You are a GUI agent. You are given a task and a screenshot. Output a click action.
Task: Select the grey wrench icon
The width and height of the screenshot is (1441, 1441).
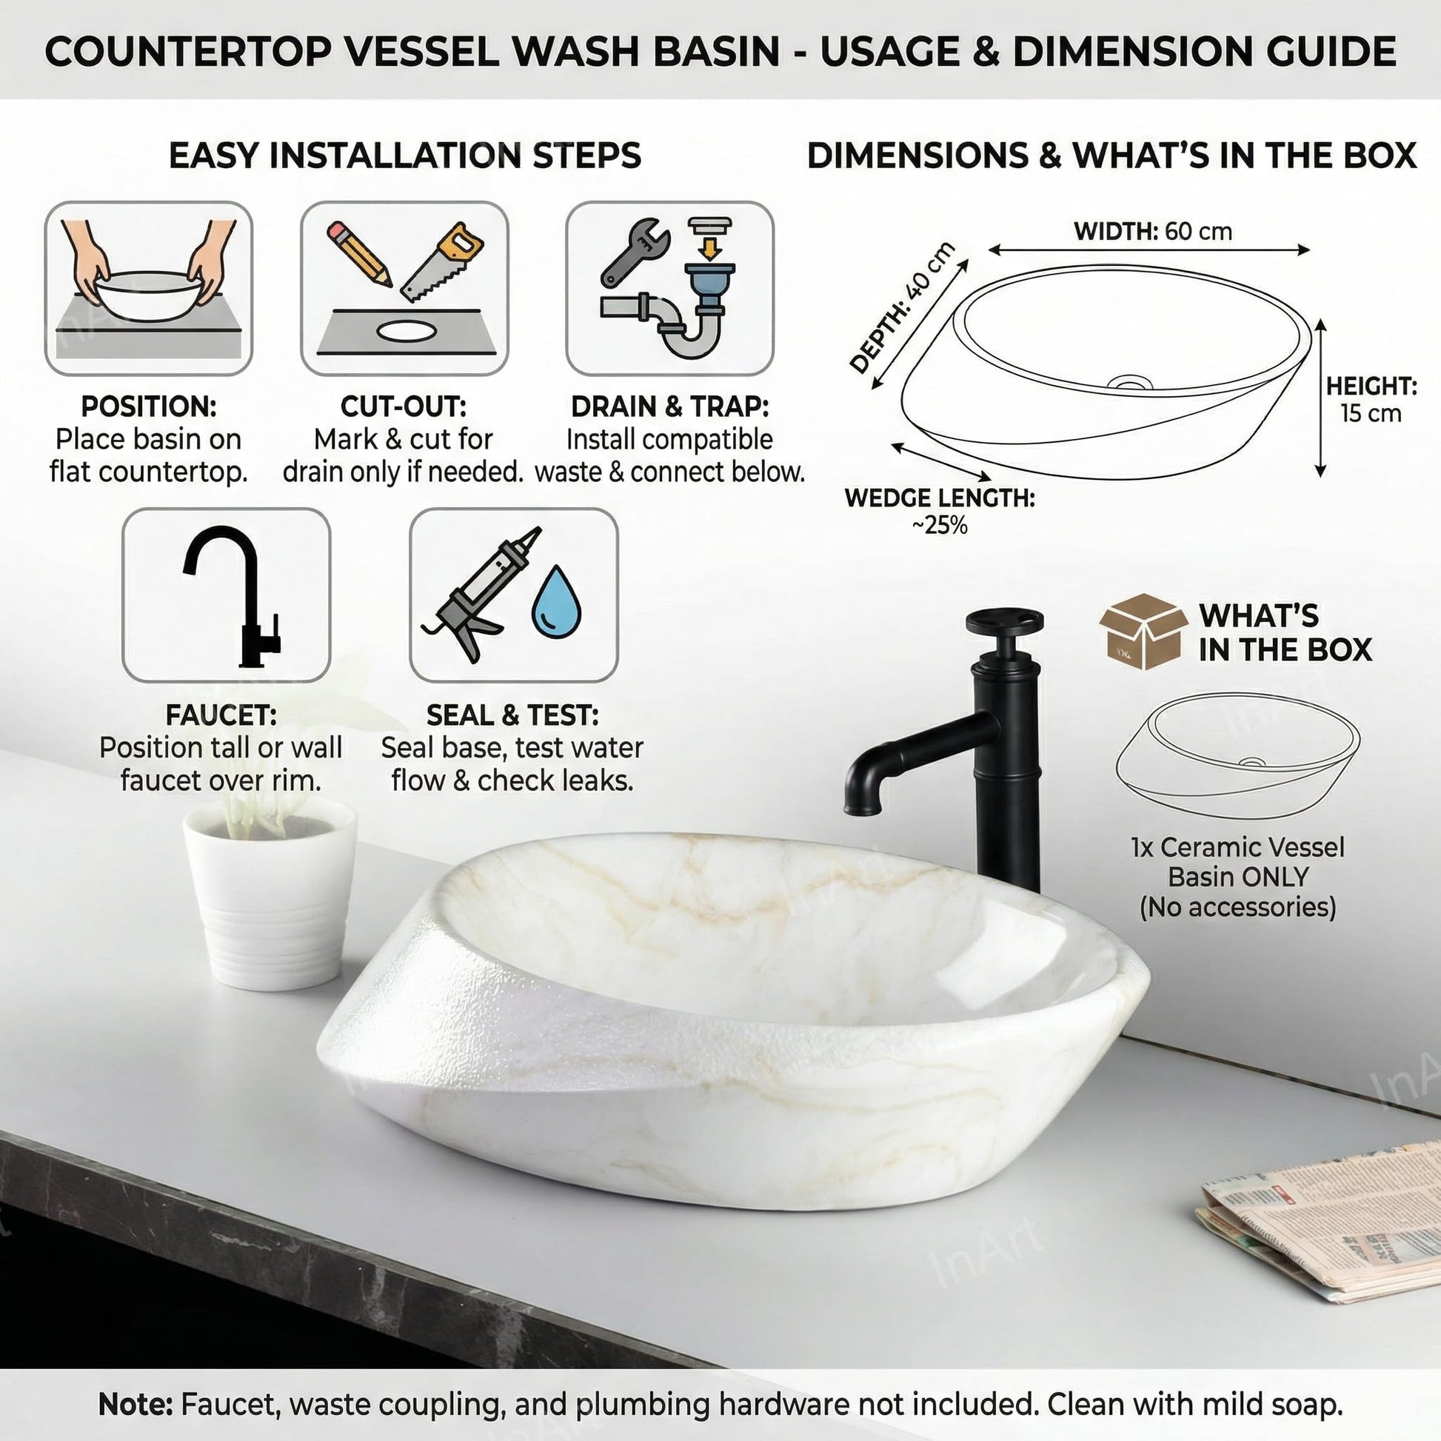[634, 252]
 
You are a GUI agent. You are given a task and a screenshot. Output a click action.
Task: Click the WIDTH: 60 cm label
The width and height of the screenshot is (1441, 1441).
[1152, 231]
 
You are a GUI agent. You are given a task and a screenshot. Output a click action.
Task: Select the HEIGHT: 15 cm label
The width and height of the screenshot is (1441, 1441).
[1371, 400]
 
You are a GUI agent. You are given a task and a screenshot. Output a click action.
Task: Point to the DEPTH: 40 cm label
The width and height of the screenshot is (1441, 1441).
[903, 307]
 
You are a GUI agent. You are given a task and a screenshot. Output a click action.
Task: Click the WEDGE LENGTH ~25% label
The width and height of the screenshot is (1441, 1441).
[940, 512]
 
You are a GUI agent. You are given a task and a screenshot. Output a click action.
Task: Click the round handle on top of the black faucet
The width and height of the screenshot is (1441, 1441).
[1003, 621]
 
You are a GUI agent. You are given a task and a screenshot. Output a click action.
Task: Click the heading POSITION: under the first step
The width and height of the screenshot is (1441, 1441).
[148, 407]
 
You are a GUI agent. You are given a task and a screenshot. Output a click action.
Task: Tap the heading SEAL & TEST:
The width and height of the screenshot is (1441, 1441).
[512, 715]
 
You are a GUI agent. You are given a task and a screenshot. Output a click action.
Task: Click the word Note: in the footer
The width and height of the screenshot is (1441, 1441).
[135, 1405]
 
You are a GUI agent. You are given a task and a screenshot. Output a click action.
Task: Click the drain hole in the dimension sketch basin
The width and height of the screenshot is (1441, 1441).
[1129, 384]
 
